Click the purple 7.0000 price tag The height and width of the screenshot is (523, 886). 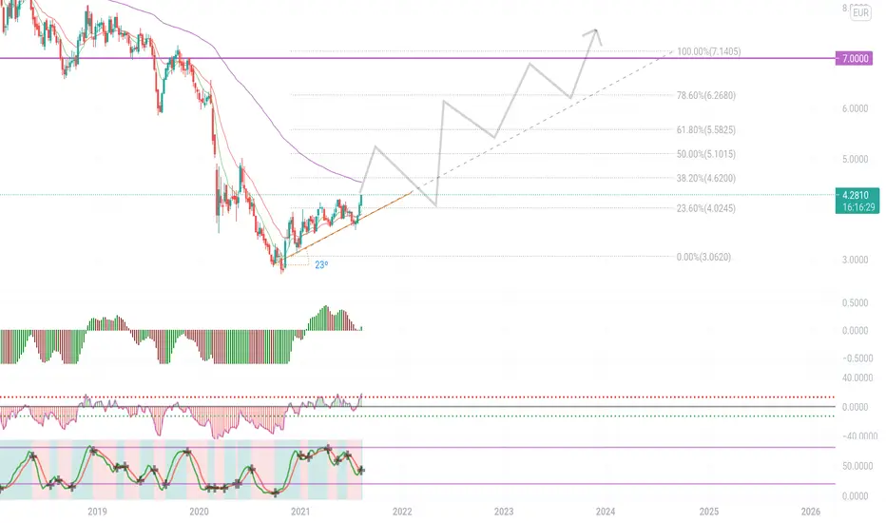coord(854,58)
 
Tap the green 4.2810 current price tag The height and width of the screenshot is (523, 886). coord(857,201)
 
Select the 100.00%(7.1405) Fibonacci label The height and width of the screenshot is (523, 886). coord(708,51)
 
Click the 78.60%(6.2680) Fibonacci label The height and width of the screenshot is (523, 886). coord(706,95)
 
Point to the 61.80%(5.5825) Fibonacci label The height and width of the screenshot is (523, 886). coord(706,130)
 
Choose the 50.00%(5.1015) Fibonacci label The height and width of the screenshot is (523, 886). coord(706,154)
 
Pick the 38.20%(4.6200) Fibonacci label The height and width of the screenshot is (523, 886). coord(706,178)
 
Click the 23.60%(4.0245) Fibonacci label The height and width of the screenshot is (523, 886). coord(706,208)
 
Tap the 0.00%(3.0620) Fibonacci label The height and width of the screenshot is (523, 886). coord(703,257)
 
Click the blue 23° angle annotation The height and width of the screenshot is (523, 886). coord(321,264)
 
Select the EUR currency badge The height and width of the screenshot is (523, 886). coord(860,13)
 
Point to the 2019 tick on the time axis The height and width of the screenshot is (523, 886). coord(97,512)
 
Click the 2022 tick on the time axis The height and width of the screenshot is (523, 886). coord(402,512)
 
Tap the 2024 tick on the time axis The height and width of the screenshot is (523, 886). coord(606,512)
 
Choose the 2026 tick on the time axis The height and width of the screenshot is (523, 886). coord(811,512)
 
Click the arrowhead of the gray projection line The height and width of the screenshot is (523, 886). coord(595,30)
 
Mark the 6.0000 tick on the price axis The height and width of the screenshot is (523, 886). coord(855,108)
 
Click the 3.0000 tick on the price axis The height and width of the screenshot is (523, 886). coord(855,260)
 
